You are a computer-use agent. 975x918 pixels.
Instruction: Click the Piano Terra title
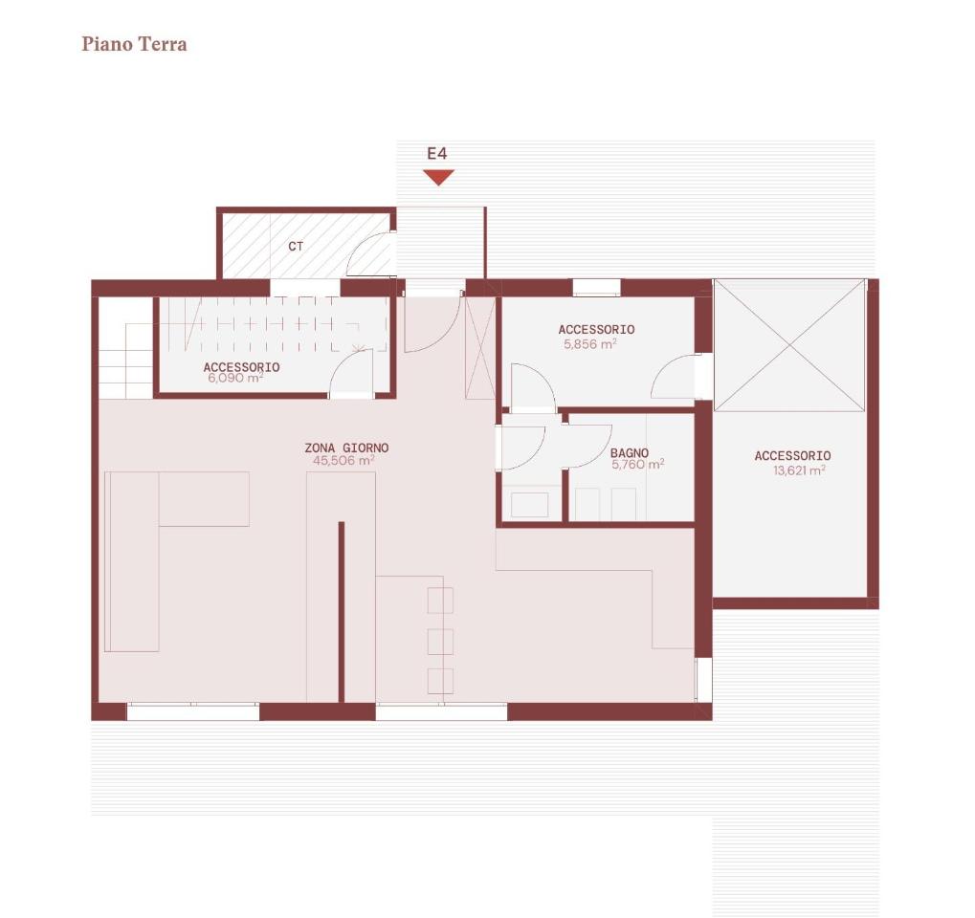134,44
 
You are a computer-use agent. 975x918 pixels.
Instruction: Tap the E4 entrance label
437,154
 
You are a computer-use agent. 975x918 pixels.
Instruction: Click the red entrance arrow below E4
438,177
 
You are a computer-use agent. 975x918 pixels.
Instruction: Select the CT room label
296,247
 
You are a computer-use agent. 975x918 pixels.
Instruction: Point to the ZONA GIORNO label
346,448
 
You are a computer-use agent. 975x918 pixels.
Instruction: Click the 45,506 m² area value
343,461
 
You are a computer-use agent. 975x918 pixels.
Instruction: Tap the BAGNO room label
630,453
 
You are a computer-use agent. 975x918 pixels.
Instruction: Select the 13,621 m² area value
799,470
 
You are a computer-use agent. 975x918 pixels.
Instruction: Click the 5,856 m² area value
590,343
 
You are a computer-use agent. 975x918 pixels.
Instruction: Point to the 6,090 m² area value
235,378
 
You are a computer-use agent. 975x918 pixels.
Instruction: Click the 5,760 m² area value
637,465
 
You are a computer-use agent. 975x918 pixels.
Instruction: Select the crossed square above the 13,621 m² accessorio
789,345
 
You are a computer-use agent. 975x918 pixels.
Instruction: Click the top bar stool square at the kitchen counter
440,601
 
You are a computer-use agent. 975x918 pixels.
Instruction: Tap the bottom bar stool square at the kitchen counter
440,681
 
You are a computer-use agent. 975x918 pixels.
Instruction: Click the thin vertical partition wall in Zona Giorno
342,612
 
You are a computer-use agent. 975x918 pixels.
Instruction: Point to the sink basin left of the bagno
529,505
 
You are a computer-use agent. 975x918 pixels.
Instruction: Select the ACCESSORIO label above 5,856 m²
596,329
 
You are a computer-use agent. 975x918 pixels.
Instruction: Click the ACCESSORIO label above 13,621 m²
793,455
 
